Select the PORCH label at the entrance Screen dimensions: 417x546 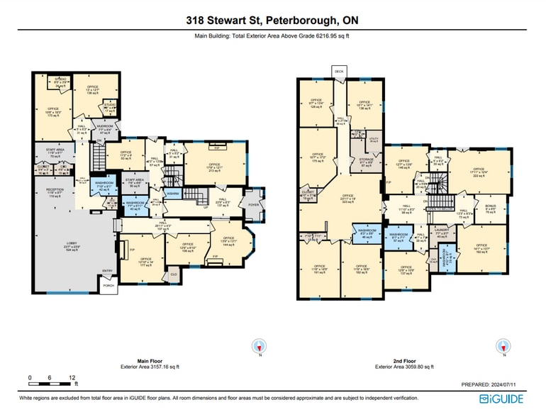tap(108, 287)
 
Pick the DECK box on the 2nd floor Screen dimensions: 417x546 tap(339, 72)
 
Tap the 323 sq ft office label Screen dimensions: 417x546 tap(347, 202)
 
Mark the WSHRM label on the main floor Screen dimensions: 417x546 tap(172, 193)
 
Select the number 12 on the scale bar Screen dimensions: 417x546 tap(72, 377)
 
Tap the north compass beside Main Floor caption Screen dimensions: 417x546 tap(260, 347)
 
